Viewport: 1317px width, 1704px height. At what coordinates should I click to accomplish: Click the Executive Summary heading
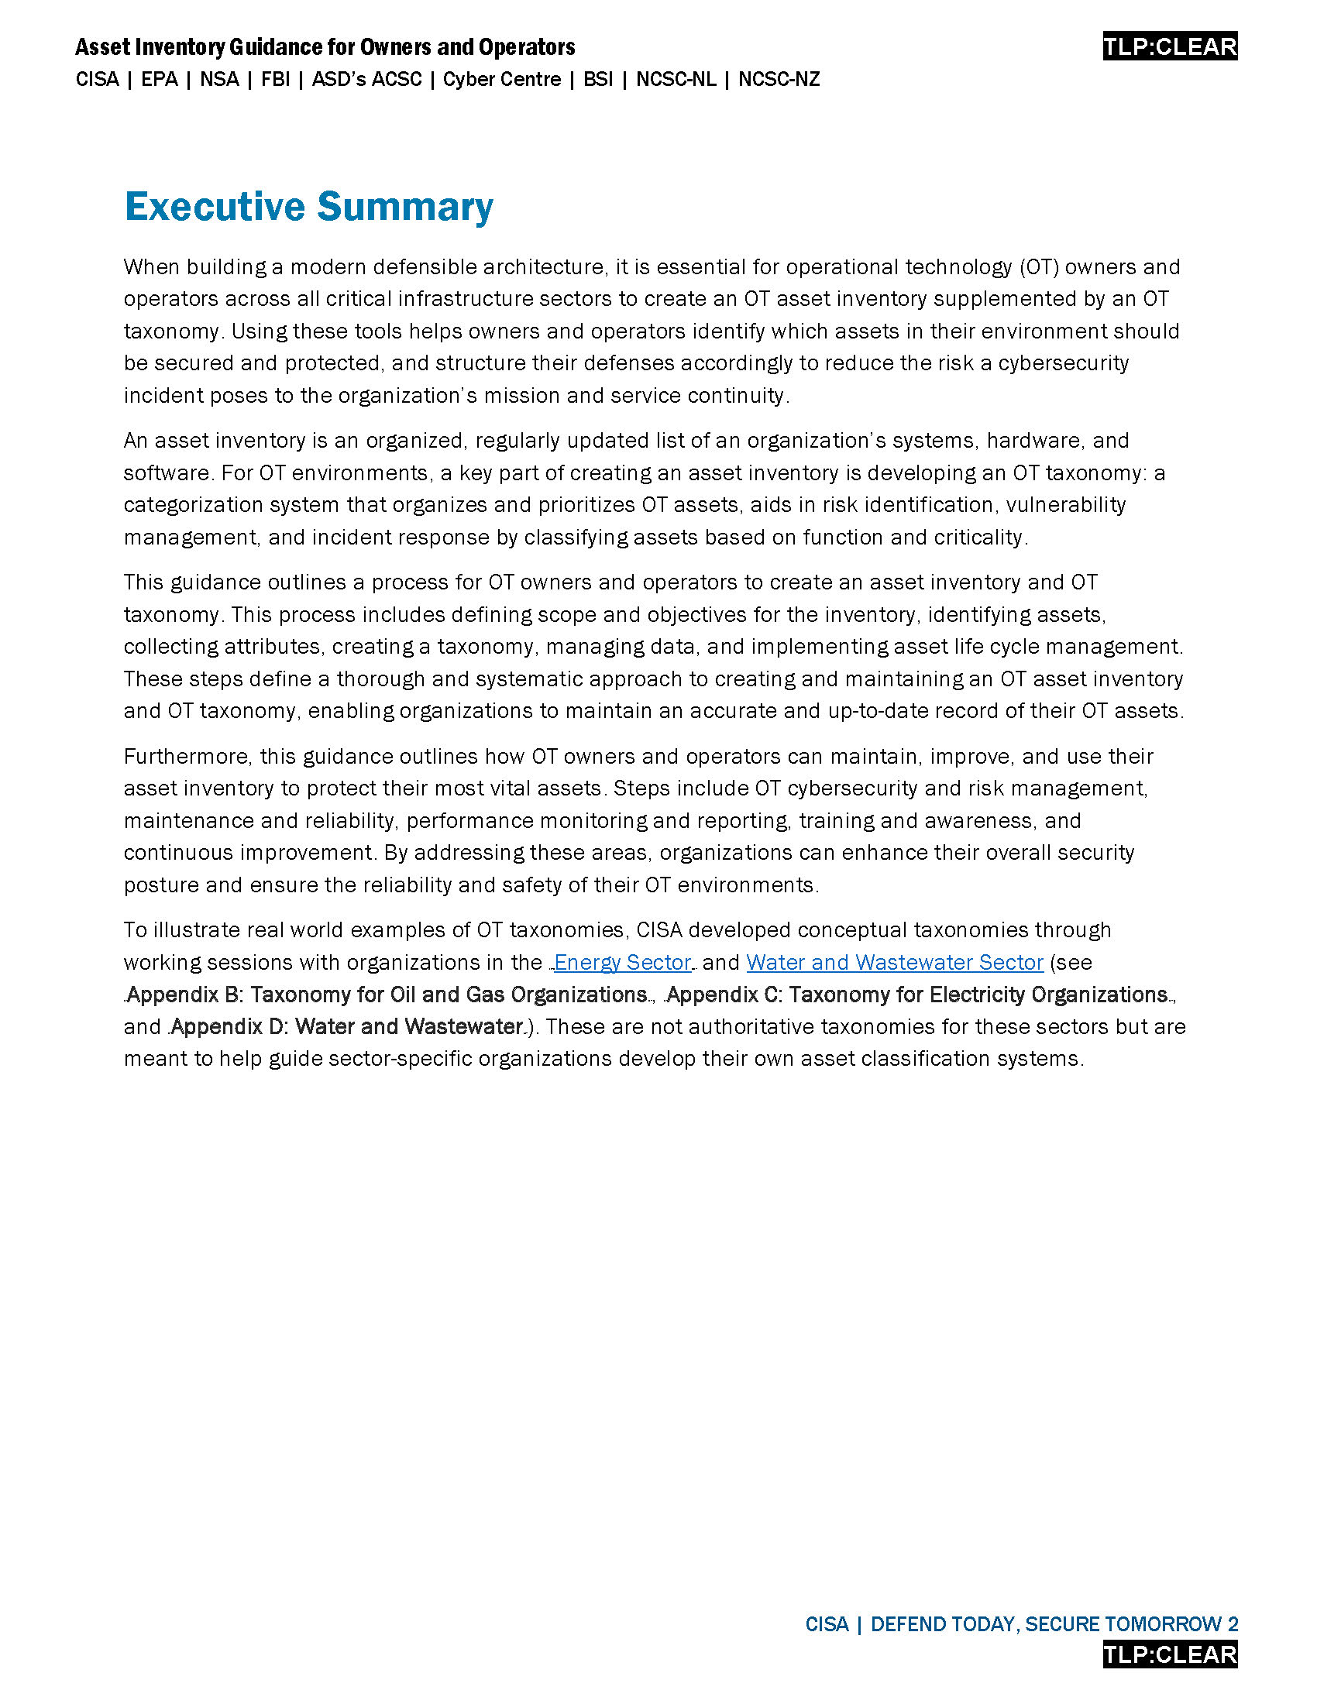[x=308, y=207]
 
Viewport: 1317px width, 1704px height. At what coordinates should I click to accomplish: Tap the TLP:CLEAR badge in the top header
[x=1170, y=46]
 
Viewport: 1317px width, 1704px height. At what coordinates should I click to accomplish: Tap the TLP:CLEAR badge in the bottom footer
[x=1170, y=1654]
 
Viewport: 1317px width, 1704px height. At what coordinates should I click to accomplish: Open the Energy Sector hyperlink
[x=623, y=963]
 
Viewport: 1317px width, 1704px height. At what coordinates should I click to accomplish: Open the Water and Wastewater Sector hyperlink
[x=894, y=963]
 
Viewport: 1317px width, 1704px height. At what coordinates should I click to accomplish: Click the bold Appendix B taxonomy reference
[x=387, y=995]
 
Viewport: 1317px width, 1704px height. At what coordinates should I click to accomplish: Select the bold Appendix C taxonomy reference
[x=916, y=995]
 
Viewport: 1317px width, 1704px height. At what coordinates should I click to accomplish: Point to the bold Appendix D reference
[x=346, y=1027]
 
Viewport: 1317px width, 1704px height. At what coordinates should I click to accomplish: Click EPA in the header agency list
[x=159, y=80]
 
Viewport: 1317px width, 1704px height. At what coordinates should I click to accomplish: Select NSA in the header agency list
[x=219, y=80]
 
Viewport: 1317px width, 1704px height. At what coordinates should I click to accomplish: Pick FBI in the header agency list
[x=276, y=80]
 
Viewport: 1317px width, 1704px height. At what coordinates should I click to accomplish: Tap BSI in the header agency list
[x=597, y=80]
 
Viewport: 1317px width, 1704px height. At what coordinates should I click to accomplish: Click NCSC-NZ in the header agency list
[x=779, y=80]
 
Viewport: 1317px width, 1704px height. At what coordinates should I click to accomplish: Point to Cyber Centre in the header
[x=502, y=80]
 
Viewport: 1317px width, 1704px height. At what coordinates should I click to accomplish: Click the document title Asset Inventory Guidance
[x=325, y=47]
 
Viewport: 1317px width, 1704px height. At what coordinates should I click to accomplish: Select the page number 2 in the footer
[x=1233, y=1624]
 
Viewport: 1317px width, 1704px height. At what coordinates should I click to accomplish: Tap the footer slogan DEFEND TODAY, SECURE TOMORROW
[x=1047, y=1624]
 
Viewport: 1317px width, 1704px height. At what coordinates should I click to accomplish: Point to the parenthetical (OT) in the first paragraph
[x=1038, y=268]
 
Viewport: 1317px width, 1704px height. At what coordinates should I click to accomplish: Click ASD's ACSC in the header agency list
[x=366, y=80]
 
